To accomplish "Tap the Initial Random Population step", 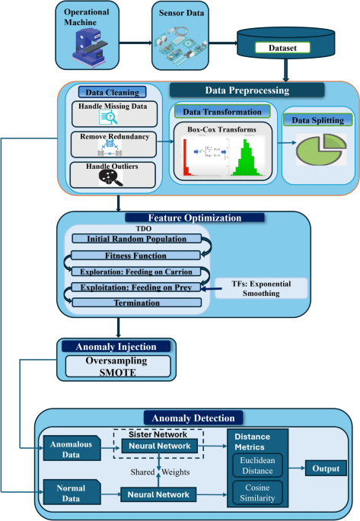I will pos(137,239).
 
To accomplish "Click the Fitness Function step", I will pos(137,255).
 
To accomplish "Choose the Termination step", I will pos(137,303).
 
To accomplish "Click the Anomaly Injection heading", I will pos(119,347).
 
